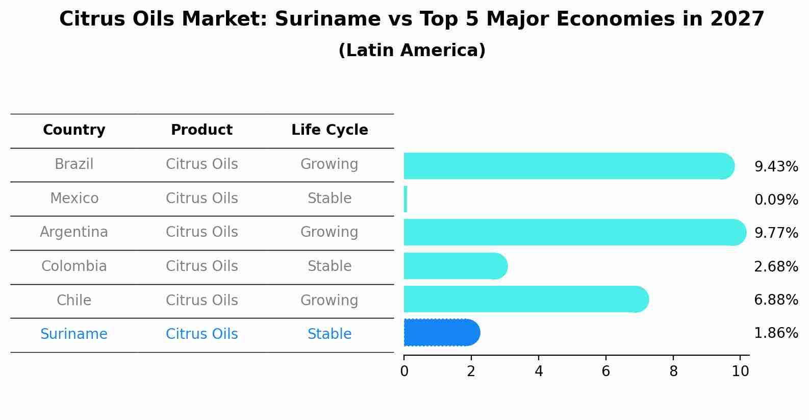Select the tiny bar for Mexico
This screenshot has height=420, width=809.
[406, 199]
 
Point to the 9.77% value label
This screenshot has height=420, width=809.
[776, 233]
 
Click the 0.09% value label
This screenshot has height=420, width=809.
[776, 200]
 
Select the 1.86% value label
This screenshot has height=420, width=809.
[776, 333]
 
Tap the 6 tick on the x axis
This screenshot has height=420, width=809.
[606, 372]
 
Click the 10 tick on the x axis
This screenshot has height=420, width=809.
[740, 372]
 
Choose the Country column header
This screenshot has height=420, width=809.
[74, 130]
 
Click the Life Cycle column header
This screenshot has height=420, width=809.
[330, 130]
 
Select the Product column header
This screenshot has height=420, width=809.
[201, 130]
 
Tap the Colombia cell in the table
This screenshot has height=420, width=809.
[74, 266]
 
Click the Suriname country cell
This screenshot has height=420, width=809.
[74, 334]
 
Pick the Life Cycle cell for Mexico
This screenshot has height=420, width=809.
[330, 199]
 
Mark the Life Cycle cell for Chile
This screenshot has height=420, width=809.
[330, 300]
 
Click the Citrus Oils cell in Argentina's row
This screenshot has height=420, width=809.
[201, 232]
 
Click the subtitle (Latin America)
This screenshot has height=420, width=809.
[412, 51]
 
